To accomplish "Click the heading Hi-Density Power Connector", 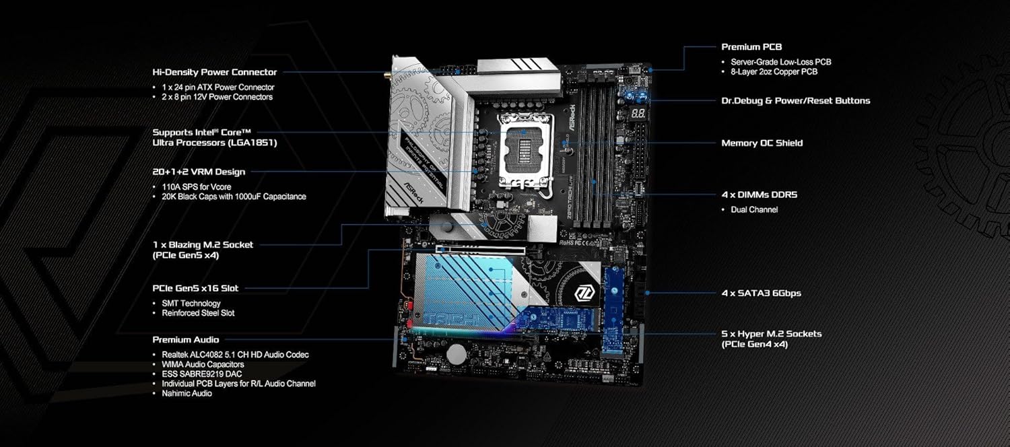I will click(214, 72).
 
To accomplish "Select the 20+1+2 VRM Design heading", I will click(199, 172).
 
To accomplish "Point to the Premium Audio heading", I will click(185, 340).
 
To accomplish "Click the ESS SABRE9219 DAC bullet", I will click(201, 374).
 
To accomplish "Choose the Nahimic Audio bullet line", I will click(187, 393).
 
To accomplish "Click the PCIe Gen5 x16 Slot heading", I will click(195, 288).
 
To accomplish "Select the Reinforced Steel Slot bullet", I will click(198, 313).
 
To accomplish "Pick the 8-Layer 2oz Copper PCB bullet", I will click(774, 71).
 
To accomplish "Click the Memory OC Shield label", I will click(762, 143).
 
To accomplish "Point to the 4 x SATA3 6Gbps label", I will click(761, 294).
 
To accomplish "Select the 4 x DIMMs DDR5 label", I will click(759, 195).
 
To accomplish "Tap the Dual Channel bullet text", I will click(754, 209).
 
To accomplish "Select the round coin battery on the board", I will click(458, 353).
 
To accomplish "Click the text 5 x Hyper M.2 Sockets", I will click(771, 334).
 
